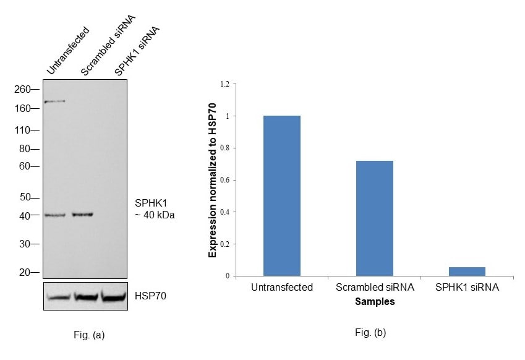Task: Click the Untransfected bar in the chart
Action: click(281, 195)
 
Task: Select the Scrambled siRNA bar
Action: click(374, 218)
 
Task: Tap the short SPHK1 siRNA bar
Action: click(467, 272)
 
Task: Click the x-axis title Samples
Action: click(375, 302)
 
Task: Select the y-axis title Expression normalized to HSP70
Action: click(212, 180)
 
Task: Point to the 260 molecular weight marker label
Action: click(22, 89)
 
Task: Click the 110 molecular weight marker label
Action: click(22, 131)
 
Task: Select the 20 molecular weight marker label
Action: click(25, 272)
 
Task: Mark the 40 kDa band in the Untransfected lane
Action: click(55, 215)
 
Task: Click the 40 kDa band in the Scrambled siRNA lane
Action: click(82, 215)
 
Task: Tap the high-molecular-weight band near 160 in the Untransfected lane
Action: click(55, 101)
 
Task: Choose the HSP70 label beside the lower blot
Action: click(150, 296)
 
